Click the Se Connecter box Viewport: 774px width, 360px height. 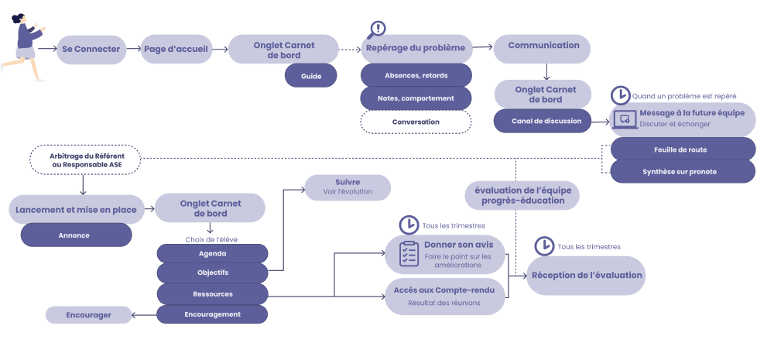click(x=91, y=50)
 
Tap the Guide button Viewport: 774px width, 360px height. click(x=312, y=75)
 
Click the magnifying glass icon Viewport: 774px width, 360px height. click(x=377, y=29)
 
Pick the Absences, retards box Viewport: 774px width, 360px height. click(x=416, y=75)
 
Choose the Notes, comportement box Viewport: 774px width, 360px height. click(x=416, y=98)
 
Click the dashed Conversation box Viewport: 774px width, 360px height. click(x=416, y=122)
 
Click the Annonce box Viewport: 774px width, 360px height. click(x=76, y=235)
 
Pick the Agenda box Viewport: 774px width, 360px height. click(x=212, y=253)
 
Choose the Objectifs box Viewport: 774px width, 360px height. click(x=212, y=273)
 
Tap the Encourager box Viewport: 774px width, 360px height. click(x=88, y=315)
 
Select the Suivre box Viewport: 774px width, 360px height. click(x=348, y=187)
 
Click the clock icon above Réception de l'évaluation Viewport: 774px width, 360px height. click(x=543, y=246)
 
